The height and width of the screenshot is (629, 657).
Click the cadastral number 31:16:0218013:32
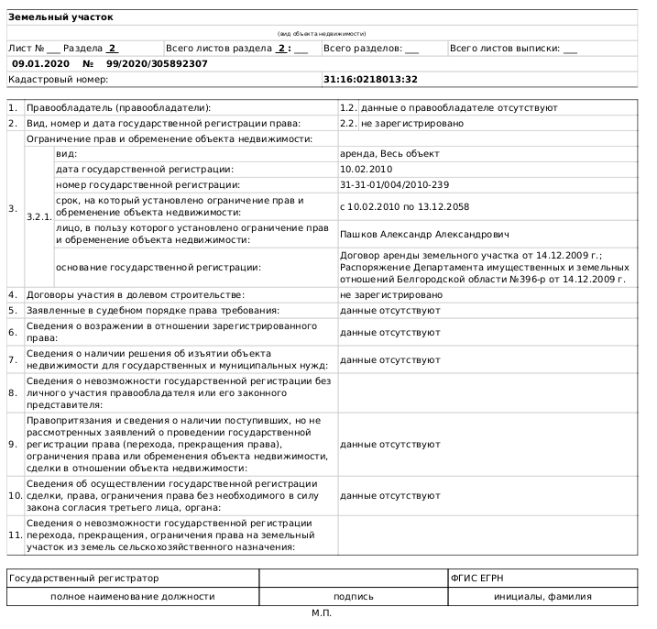[370, 80]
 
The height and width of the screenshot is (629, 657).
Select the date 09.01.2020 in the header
[41, 63]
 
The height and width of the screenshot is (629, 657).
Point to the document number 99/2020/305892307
[157, 63]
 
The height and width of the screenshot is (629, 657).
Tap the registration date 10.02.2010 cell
[366, 169]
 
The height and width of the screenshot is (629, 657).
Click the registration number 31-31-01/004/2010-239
[394, 185]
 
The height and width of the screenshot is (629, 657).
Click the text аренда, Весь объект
[389, 153]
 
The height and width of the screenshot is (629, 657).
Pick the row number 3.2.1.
[38, 216]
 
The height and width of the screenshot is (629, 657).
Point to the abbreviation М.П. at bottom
[321, 612]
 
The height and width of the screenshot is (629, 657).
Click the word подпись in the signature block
[353, 596]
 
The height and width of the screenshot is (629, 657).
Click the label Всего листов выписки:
[506, 48]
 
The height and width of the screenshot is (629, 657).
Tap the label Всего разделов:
[364, 48]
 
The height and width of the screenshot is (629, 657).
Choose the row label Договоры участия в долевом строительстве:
[136, 294]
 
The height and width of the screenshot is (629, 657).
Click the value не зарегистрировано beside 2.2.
[412, 123]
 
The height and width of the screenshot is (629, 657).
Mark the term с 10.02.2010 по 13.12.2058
[404, 207]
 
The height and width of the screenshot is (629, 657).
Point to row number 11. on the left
[15, 535]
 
